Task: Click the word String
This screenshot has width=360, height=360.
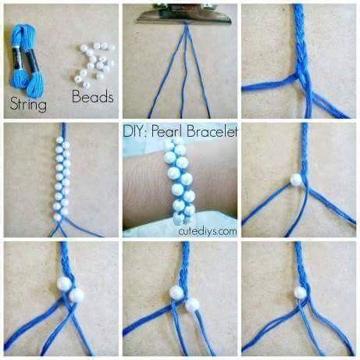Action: [x=28, y=104]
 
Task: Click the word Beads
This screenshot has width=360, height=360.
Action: [x=93, y=96]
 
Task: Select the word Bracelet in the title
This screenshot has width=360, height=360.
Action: [x=212, y=131]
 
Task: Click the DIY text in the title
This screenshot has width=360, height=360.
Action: [x=136, y=131]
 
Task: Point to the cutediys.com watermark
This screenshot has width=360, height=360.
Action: [x=208, y=231]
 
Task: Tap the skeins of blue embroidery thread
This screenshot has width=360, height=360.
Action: [x=27, y=60]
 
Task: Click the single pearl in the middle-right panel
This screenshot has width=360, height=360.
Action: [x=296, y=180]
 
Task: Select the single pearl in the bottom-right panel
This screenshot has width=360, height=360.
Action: [x=300, y=293]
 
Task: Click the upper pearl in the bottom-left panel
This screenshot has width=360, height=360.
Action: [x=64, y=283]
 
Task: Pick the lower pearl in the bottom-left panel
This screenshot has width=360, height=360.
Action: [x=77, y=295]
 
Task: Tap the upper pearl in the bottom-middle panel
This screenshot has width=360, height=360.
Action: [x=176, y=292]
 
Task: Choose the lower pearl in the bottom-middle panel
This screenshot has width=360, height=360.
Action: [x=192, y=305]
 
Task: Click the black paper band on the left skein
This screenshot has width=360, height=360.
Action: [x=17, y=58]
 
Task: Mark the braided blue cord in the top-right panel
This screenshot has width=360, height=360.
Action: [x=301, y=41]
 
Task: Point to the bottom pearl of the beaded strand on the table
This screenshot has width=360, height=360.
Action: [x=58, y=217]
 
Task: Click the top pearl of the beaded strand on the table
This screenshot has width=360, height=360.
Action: [x=59, y=140]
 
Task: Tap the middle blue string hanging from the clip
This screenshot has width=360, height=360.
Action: [x=185, y=70]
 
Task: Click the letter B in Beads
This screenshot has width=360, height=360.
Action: [x=76, y=96]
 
